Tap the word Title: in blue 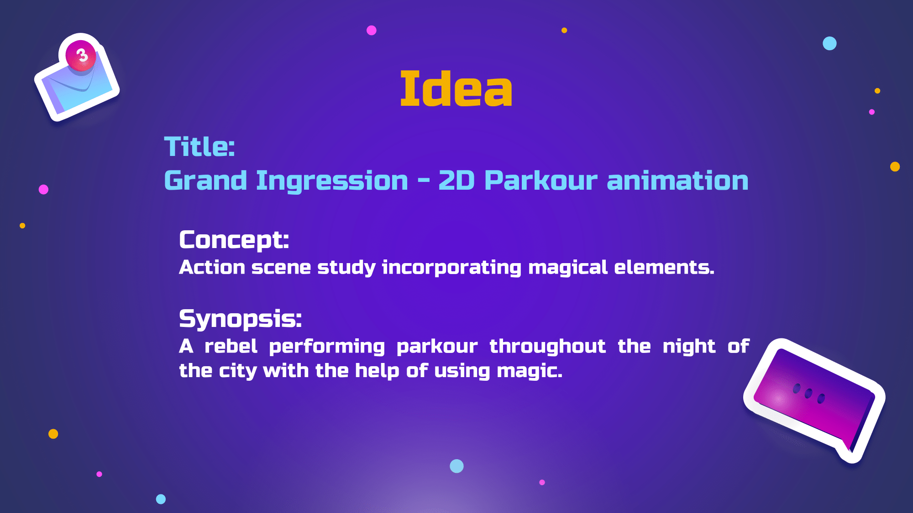tap(199, 146)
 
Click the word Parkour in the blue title tap(540, 180)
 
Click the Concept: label tap(234, 240)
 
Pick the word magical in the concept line tap(568, 268)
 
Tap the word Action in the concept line tap(212, 267)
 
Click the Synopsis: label tap(240, 319)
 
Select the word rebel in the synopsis tap(231, 346)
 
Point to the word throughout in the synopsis tap(547, 347)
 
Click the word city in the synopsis tap(237, 371)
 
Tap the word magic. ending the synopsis tap(530, 371)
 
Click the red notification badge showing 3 tap(81, 56)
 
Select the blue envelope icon tap(77, 78)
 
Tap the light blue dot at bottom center tap(456, 466)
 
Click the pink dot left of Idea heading tap(372, 30)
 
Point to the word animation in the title tap(677, 180)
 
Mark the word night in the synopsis tap(689, 347)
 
